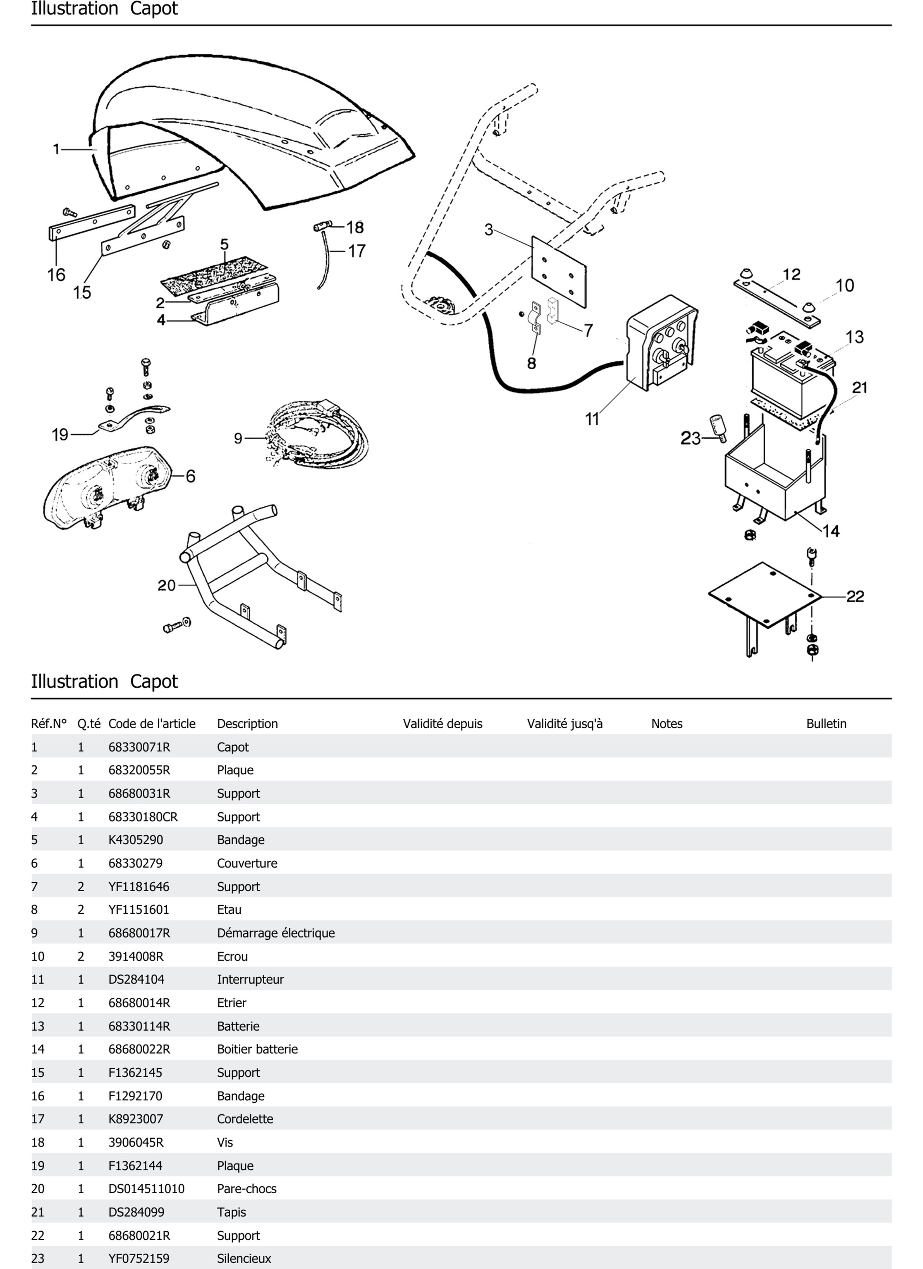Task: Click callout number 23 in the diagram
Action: point(690,438)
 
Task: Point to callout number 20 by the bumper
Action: point(166,585)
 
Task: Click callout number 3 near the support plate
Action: point(489,229)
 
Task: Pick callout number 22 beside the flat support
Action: point(855,597)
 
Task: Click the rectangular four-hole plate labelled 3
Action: point(559,271)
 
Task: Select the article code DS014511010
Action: point(146,1188)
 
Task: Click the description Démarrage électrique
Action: point(275,933)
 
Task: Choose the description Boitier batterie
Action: point(257,1049)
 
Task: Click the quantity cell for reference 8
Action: point(81,910)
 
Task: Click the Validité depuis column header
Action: point(442,724)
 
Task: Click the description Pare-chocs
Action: point(246,1188)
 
